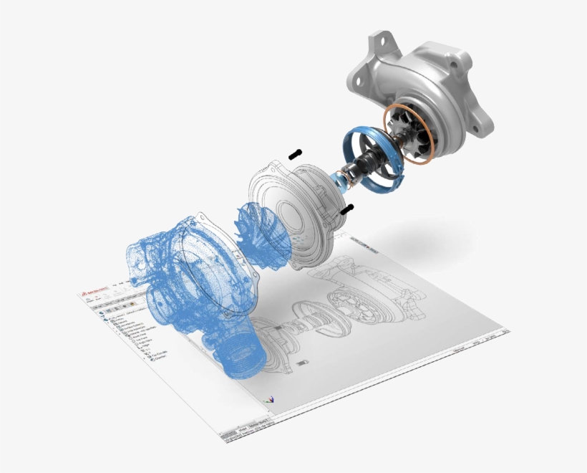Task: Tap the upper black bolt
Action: click(x=295, y=153)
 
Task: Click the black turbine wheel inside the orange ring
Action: click(x=412, y=136)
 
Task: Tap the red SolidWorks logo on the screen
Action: click(x=85, y=296)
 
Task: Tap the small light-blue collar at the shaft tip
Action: click(x=339, y=181)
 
